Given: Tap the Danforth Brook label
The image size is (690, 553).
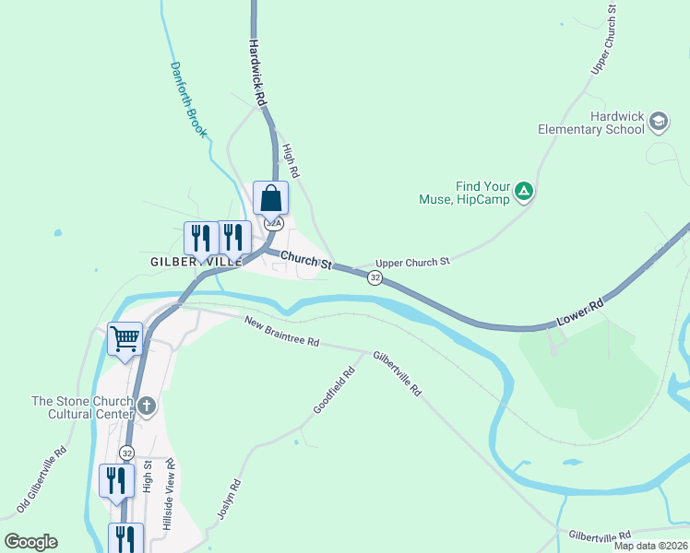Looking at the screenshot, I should click(188, 100).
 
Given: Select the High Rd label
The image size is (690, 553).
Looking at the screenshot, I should click(291, 160).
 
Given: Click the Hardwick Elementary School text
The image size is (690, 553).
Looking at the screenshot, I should click(590, 123).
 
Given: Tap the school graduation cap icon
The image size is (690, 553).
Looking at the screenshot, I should click(659, 121).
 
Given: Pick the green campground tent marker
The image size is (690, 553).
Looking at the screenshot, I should click(524, 191).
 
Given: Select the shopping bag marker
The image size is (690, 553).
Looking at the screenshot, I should click(271, 197).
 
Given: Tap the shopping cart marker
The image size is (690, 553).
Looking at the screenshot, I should click(125, 337).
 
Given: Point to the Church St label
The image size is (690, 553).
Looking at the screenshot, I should click(305, 262).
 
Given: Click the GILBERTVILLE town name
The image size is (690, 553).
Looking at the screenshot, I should click(196, 262).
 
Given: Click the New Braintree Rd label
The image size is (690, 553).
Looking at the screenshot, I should click(281, 332).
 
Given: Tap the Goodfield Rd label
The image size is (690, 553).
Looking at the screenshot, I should click(334, 391).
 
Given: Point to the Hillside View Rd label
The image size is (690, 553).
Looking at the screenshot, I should click(168, 493).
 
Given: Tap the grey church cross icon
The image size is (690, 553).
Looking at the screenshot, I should click(146, 406).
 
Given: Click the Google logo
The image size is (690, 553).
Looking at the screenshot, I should click(30, 542).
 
